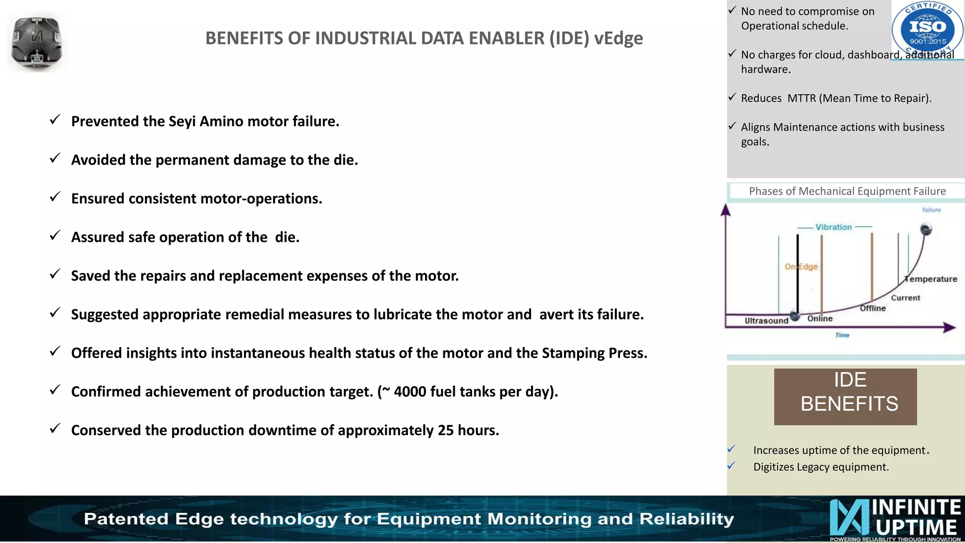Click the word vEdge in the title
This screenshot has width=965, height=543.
(x=618, y=38)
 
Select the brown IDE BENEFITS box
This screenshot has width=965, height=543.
(x=845, y=396)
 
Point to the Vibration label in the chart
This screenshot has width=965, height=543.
(x=834, y=227)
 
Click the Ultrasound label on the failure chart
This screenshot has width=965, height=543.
(x=766, y=321)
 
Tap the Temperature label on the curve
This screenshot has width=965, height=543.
(x=931, y=279)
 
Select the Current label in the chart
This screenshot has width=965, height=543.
(x=905, y=298)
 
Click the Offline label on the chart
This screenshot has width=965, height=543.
(x=873, y=308)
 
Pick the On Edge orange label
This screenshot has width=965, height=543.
(x=801, y=267)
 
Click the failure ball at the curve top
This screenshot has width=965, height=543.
(x=926, y=230)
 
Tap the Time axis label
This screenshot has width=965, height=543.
(x=842, y=335)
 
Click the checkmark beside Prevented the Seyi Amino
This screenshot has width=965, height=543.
(x=55, y=120)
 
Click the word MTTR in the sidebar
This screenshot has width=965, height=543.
(x=801, y=98)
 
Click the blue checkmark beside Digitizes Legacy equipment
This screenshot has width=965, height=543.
(x=731, y=466)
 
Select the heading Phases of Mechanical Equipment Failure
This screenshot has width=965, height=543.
(x=847, y=191)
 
